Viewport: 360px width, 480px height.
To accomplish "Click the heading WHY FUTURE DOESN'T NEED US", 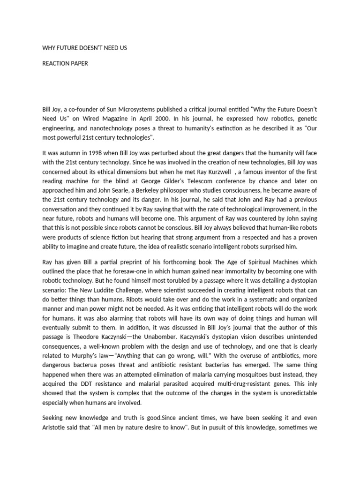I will (x=84, y=48).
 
